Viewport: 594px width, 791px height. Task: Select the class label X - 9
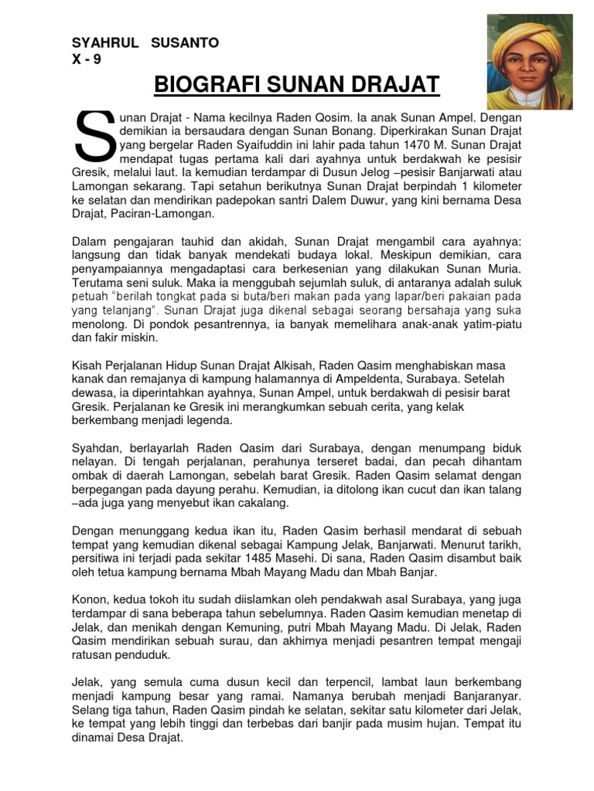coord(86,59)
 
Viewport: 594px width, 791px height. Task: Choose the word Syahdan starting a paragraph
coord(97,448)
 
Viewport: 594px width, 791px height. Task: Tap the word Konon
coord(90,600)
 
